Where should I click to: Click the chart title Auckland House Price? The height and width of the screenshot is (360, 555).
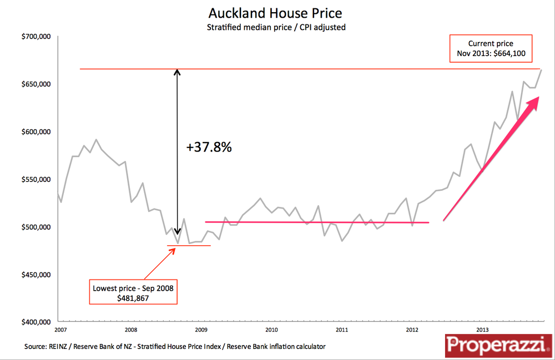[275, 13]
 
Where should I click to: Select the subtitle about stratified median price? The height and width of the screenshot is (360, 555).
[276, 27]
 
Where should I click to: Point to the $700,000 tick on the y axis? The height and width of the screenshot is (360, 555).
[36, 37]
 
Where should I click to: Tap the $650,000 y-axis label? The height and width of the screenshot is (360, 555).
[36, 84]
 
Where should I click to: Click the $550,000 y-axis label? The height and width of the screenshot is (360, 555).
[36, 180]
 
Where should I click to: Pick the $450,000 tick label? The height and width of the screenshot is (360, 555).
[36, 275]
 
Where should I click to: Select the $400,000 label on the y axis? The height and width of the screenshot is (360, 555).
[36, 322]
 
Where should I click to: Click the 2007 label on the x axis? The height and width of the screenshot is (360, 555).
[61, 329]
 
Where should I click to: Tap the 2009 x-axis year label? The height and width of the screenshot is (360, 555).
[202, 329]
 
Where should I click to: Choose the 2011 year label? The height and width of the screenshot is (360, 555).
[342, 329]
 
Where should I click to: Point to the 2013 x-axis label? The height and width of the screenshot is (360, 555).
[482, 329]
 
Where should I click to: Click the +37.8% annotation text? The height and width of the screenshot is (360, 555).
[209, 148]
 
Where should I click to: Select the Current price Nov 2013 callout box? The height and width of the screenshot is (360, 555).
[491, 49]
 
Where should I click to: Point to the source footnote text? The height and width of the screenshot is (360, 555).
[175, 347]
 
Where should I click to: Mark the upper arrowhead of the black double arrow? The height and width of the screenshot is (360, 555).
[177, 72]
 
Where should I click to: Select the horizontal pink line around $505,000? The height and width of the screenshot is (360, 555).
[317, 222]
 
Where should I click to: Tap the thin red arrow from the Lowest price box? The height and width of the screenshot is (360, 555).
[160, 264]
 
